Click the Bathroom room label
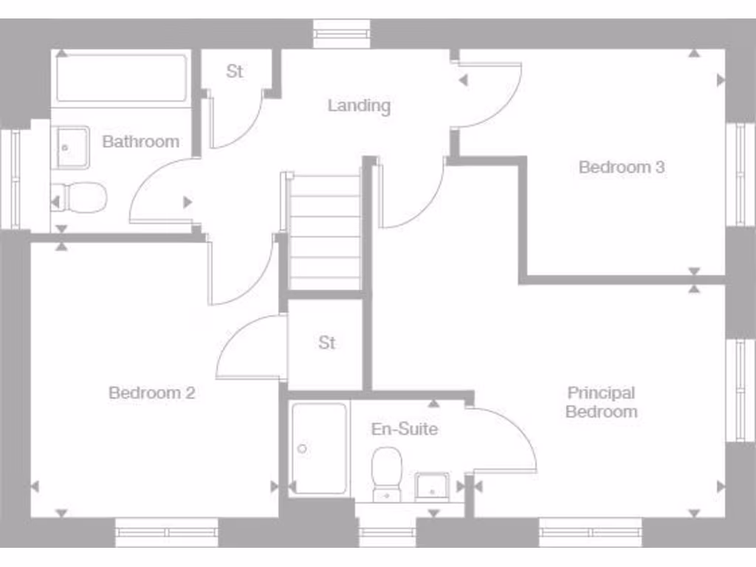click(140, 142)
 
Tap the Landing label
click(359, 106)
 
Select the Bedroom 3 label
click(622, 167)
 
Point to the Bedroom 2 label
click(151, 393)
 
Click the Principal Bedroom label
click(601, 402)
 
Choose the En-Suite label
click(404, 429)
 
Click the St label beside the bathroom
click(235, 72)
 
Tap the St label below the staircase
click(326, 343)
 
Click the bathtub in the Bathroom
click(121, 78)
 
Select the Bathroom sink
click(72, 148)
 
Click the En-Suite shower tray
click(319, 448)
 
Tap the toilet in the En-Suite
click(387, 474)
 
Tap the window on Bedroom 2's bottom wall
click(167, 532)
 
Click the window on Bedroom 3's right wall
click(739, 174)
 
